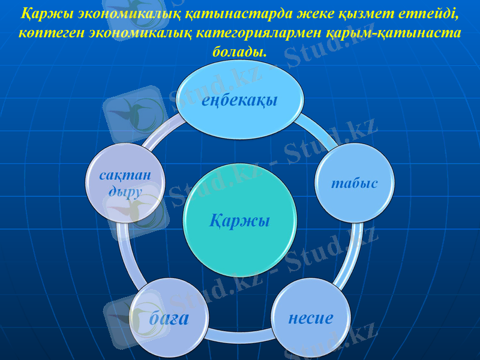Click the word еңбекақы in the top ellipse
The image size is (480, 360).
(x=239, y=100)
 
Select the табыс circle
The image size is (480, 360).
(x=355, y=182)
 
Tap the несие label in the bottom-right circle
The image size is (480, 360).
(x=311, y=318)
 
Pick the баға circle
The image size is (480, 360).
(x=169, y=318)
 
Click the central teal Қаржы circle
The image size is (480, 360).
(x=239, y=221)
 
